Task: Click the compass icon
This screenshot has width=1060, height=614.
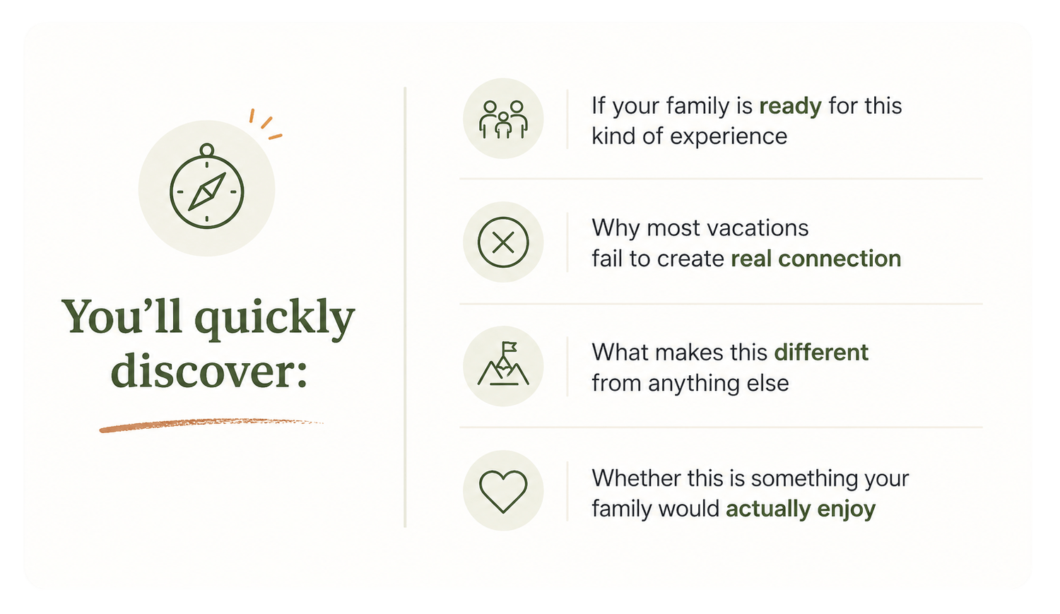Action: point(207,187)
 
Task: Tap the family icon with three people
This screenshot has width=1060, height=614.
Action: point(503,119)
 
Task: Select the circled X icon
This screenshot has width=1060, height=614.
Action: point(503,242)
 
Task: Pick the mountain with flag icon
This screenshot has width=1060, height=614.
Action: point(503,363)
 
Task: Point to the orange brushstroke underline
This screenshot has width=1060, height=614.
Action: point(211,425)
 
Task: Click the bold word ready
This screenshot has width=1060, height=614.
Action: point(790,107)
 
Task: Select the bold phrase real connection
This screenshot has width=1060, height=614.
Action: point(815,259)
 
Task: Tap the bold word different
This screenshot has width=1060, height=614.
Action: point(821,353)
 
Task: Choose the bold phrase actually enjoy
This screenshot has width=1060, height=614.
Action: point(801,509)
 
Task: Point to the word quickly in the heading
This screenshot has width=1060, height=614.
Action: point(274,319)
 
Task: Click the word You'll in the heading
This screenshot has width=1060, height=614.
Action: point(122,316)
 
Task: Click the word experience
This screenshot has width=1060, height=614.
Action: point(729,136)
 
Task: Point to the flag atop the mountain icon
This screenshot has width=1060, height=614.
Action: point(509,348)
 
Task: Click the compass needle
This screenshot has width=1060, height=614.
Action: point(207,191)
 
